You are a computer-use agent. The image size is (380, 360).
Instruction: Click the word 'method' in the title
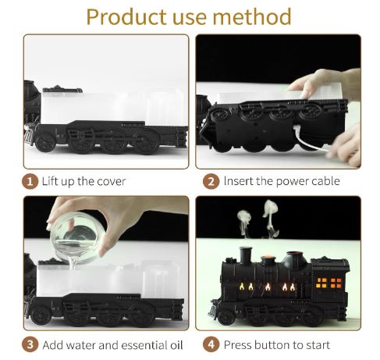click(252, 16)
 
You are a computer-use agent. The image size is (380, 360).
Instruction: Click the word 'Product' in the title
click(126, 17)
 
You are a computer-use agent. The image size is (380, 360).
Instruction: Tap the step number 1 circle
click(30, 181)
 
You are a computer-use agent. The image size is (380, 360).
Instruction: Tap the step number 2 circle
click(211, 181)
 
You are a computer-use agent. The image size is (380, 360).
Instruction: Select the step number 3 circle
click(30, 345)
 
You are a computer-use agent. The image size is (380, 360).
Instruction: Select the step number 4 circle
click(211, 345)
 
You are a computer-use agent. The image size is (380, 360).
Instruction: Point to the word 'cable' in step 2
click(326, 181)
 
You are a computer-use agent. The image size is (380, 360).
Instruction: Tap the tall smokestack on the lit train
click(246, 255)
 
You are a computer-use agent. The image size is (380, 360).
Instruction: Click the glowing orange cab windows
click(329, 283)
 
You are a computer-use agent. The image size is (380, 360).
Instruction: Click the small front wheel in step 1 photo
click(45, 142)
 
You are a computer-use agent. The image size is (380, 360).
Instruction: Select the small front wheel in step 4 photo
click(226, 318)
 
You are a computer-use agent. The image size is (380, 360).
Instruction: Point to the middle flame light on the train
click(268, 287)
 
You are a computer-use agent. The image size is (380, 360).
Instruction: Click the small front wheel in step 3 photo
click(41, 315)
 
